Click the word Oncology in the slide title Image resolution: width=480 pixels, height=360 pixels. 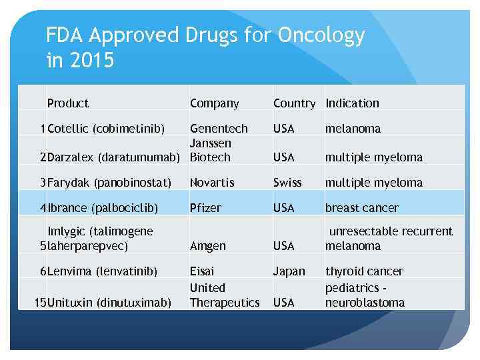(x=321, y=36)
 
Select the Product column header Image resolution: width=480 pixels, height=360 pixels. (x=68, y=103)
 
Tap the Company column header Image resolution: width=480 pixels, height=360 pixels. (x=214, y=103)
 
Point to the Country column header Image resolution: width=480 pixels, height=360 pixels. (x=294, y=103)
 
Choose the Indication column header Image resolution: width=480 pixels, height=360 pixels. (x=352, y=103)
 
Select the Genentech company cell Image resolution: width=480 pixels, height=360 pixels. (x=219, y=129)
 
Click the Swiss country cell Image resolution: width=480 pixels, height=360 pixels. (x=287, y=183)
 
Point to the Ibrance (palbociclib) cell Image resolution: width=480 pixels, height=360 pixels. (x=103, y=208)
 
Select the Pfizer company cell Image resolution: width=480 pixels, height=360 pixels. (x=205, y=208)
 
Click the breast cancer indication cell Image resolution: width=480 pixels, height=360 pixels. (x=361, y=208)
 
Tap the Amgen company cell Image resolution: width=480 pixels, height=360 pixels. (x=207, y=246)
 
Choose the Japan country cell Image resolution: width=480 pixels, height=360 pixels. (x=289, y=271)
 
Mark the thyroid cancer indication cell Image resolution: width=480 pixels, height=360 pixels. (x=364, y=271)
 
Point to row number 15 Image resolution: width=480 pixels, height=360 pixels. (x=41, y=303)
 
